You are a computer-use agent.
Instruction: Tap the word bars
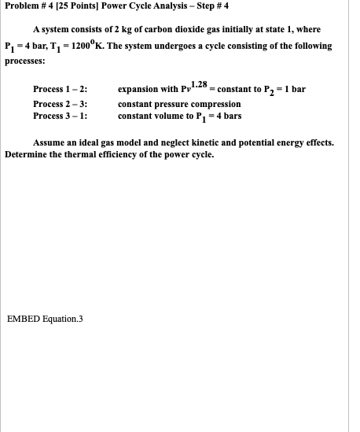click(x=232, y=116)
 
